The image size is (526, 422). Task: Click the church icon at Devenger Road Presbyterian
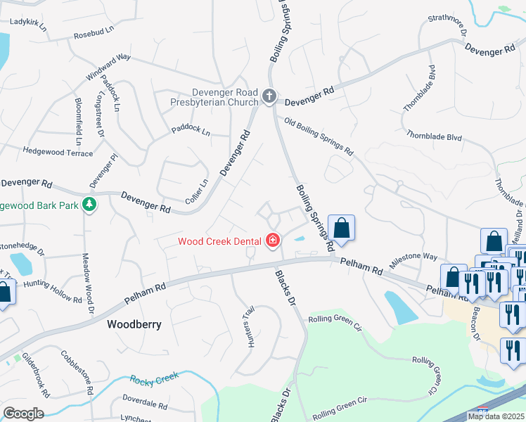pyautogui.click(x=268, y=96)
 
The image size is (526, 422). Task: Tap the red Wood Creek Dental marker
pyautogui.click(x=273, y=241)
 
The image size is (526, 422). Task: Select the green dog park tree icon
pyautogui.click(x=89, y=205)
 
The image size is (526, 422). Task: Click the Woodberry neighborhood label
pyautogui.click(x=134, y=325)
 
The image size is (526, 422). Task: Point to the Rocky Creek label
pyautogui.click(x=155, y=380)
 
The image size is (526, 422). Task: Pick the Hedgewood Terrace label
pyautogui.click(x=58, y=152)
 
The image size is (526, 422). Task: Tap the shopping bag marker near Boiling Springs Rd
pyautogui.click(x=341, y=229)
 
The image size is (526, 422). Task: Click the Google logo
pyautogui.click(x=23, y=414)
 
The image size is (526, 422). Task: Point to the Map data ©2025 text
pyautogui.click(x=496, y=416)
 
